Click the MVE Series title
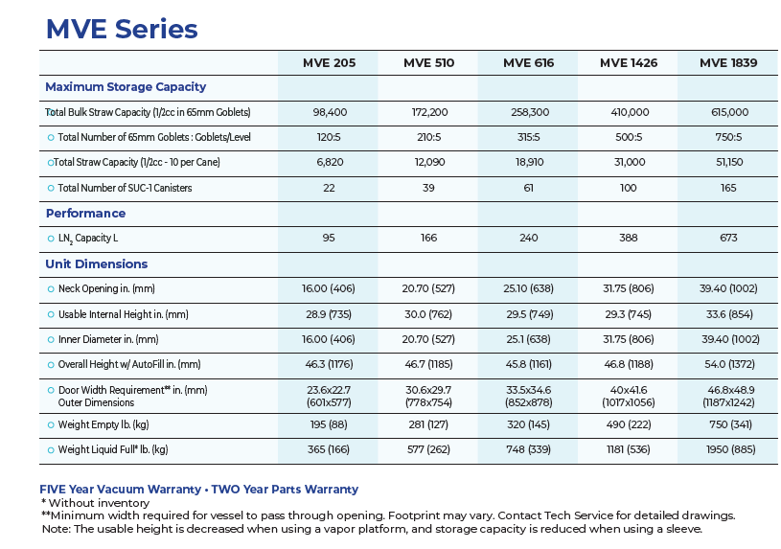[122, 29]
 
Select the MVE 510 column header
[428, 63]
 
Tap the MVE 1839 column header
[728, 63]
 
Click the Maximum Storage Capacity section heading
[126, 87]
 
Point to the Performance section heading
[85, 213]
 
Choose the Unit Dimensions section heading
[96, 263]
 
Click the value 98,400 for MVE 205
[330, 113]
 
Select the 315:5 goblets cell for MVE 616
[528, 138]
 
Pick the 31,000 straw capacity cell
[628, 163]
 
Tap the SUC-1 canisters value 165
[728, 188]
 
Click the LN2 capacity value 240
[528, 238]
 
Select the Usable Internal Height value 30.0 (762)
[428, 314]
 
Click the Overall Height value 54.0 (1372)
[728, 364]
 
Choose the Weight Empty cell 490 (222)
[628, 424]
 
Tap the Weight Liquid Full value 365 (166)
[330, 449]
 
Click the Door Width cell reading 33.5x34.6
[528, 391]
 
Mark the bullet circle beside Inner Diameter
[51, 339]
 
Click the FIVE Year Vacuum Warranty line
[198, 490]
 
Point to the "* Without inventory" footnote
[95, 503]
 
